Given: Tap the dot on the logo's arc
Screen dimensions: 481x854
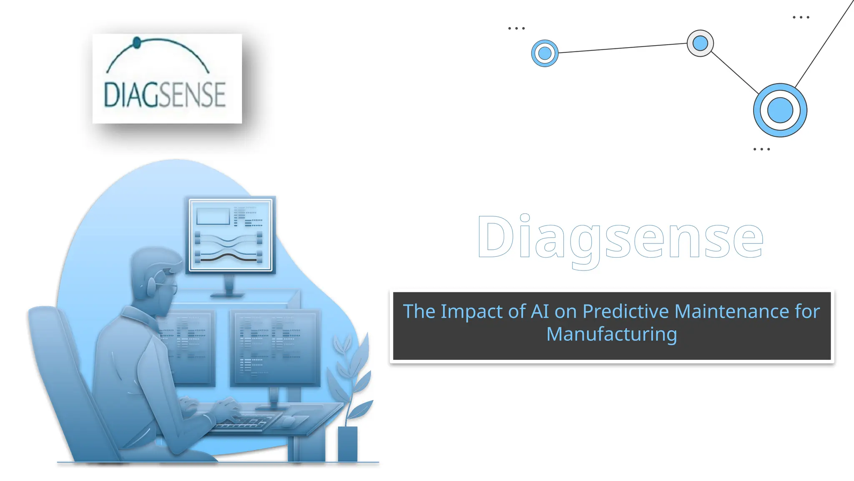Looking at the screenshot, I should (x=137, y=42).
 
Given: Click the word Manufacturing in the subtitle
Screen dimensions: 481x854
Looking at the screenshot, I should (x=612, y=334).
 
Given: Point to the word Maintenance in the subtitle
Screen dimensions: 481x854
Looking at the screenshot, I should (x=731, y=311).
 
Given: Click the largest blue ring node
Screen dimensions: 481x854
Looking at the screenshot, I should (x=780, y=110).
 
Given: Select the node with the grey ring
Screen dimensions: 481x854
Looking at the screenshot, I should (x=700, y=43).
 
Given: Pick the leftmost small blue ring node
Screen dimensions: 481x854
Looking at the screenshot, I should (x=545, y=53).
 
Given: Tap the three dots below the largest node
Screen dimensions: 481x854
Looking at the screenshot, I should (x=761, y=149).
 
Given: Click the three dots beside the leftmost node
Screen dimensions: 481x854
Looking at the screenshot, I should (x=516, y=28).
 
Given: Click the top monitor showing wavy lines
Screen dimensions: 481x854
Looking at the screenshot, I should (x=231, y=235).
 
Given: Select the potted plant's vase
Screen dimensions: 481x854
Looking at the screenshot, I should (x=347, y=443).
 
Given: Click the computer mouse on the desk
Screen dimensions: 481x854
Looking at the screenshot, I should (x=289, y=421).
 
